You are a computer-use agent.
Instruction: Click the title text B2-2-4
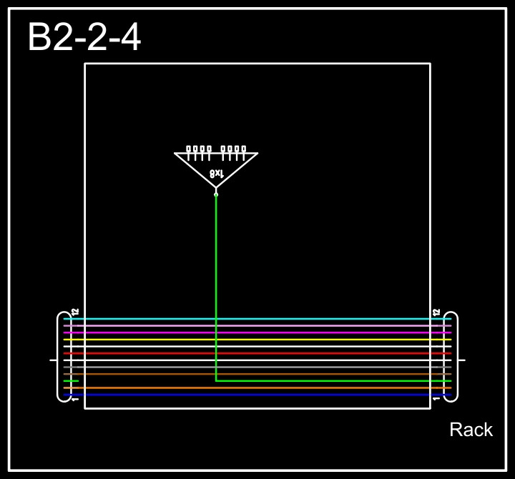point(84,37)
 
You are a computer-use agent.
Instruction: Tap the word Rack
point(471,430)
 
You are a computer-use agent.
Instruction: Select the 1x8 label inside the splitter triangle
point(217,173)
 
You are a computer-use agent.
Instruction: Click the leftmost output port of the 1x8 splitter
point(189,150)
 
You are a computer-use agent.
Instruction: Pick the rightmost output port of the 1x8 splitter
point(244,150)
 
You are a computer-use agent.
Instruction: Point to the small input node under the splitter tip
point(216,194)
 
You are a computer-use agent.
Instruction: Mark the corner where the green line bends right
point(216,380)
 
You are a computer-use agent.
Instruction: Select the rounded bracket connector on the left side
point(64,357)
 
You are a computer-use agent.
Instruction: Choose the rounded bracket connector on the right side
point(451,357)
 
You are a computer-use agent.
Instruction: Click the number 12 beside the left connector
point(75,312)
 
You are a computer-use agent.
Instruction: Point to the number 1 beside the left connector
point(75,399)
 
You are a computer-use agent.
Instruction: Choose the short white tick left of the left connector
point(53,360)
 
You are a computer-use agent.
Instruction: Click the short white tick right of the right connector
point(462,360)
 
